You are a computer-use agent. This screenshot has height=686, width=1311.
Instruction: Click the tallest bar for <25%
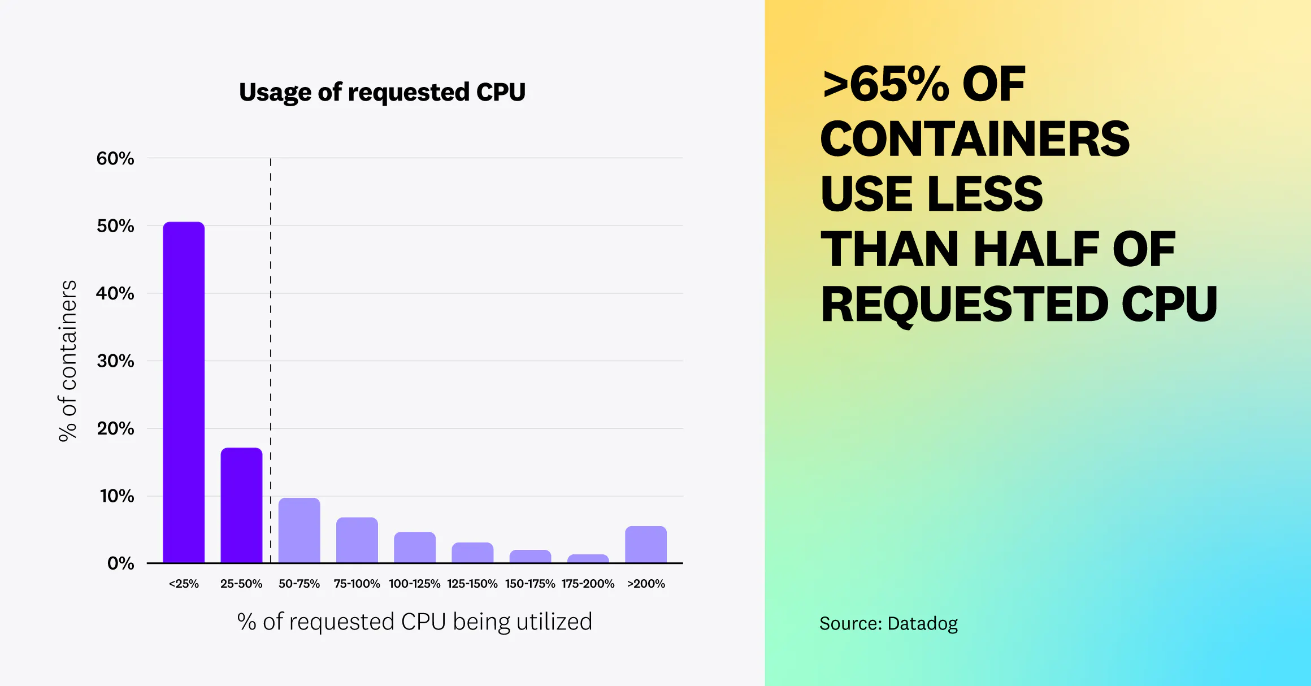pos(184,392)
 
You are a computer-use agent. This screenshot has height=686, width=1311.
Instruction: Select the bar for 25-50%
pos(241,505)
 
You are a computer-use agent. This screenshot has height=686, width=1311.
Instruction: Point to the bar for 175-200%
pos(588,558)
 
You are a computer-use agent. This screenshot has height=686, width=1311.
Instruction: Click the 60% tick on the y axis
pos(115,158)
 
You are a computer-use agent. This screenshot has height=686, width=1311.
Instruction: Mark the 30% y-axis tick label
pos(115,361)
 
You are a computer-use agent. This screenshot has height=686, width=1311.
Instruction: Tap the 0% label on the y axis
pos(120,563)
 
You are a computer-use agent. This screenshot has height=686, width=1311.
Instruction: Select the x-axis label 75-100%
pos(357,584)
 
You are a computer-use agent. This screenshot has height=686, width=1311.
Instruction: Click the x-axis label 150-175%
pos(529,584)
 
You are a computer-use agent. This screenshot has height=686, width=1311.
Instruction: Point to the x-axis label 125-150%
pos(472,584)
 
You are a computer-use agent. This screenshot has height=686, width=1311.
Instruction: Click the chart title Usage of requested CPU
pos(382,92)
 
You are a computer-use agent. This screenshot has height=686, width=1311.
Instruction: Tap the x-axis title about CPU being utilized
pos(414,622)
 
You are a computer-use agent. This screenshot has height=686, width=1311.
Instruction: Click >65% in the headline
pos(885,85)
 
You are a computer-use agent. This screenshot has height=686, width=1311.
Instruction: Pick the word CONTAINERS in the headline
pos(975,139)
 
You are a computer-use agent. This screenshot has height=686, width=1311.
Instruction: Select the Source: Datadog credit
pos(888,623)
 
